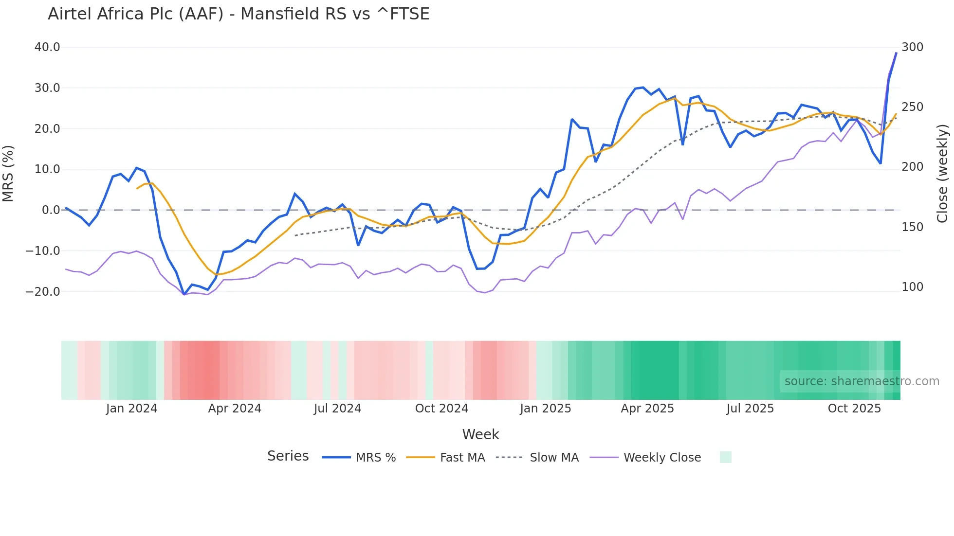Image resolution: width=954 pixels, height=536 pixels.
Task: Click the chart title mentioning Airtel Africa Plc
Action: click(238, 14)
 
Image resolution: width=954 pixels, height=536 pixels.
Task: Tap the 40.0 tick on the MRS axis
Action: click(47, 47)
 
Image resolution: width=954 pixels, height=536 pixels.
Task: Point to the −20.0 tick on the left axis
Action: click(43, 292)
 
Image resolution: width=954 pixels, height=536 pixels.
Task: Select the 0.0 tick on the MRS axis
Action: click(51, 210)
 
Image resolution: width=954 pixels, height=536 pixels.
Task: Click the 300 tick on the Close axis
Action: click(912, 47)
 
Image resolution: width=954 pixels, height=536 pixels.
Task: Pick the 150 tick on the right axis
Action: click(912, 227)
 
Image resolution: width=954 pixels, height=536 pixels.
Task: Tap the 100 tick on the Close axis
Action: click(912, 287)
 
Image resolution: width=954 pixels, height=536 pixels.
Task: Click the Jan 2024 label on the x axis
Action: click(131, 409)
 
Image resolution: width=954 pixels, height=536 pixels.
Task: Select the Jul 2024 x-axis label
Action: click(337, 409)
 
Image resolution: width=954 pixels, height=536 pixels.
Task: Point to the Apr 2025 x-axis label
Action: click(647, 409)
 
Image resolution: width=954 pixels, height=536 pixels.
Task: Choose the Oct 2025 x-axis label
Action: click(854, 409)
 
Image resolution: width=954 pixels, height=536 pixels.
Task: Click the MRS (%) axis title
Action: click(8, 174)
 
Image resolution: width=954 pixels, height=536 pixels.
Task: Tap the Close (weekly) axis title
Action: click(943, 174)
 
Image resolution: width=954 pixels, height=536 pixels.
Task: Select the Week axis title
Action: click(480, 434)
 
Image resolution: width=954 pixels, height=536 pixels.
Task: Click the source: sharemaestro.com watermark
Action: click(862, 381)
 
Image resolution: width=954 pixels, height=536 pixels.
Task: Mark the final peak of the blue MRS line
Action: click(896, 53)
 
